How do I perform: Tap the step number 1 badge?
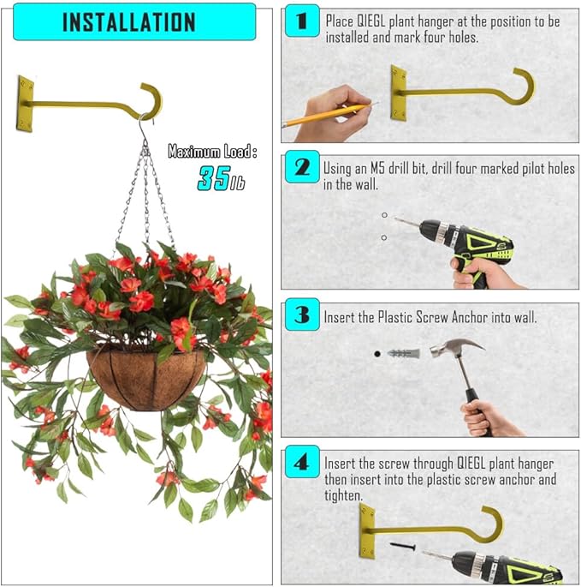[x=301, y=21]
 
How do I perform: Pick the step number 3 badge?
[x=301, y=315]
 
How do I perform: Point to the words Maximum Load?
[x=210, y=152]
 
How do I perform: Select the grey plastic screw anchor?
[x=402, y=352]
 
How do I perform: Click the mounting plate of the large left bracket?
[x=25, y=104]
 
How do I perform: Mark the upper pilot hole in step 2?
[x=384, y=215]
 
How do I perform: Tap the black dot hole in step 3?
[x=376, y=352]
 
